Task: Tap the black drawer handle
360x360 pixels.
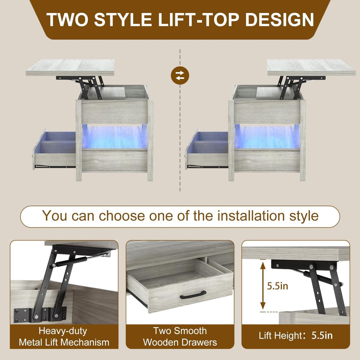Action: (x=193, y=295)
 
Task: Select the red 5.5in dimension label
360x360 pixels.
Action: (x=277, y=286)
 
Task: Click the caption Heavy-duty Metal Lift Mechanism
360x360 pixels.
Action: (x=64, y=336)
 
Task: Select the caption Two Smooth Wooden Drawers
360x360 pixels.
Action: (x=180, y=336)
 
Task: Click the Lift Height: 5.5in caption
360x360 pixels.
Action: (x=296, y=335)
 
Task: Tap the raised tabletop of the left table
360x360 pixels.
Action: (x=70, y=67)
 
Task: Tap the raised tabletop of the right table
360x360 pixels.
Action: (x=311, y=67)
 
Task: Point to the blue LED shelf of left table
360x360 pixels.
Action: (x=115, y=136)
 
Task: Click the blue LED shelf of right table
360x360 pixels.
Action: (x=267, y=136)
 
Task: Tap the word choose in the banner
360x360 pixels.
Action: (x=122, y=216)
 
